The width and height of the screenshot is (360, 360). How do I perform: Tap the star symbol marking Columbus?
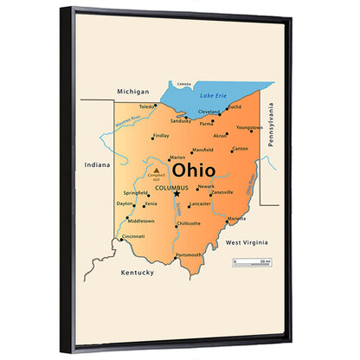tap(177, 194)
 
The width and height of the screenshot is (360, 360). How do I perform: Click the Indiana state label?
tap(98, 164)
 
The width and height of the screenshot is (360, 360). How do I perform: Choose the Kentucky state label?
tap(138, 273)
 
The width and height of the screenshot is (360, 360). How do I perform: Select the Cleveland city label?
tap(209, 112)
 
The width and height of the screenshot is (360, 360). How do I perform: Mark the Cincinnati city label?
tap(133, 236)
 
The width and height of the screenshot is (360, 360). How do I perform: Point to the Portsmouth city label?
tap(189, 255)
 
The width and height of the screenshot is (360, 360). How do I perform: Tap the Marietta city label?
tap(237, 219)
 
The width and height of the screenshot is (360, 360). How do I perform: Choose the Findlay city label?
tap(161, 136)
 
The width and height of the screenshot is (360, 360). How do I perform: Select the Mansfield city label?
tap(202, 150)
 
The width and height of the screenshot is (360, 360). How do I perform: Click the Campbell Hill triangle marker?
tap(156, 170)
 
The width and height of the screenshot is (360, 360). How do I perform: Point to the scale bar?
tap(251, 261)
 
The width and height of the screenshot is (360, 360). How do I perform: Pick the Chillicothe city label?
tap(189, 223)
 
